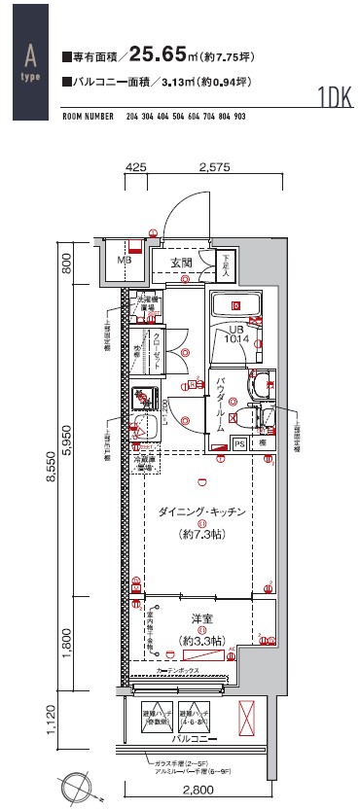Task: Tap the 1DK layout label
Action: [x=335, y=98]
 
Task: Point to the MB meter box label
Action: [x=125, y=261]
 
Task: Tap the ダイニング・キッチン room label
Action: [x=201, y=511]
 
